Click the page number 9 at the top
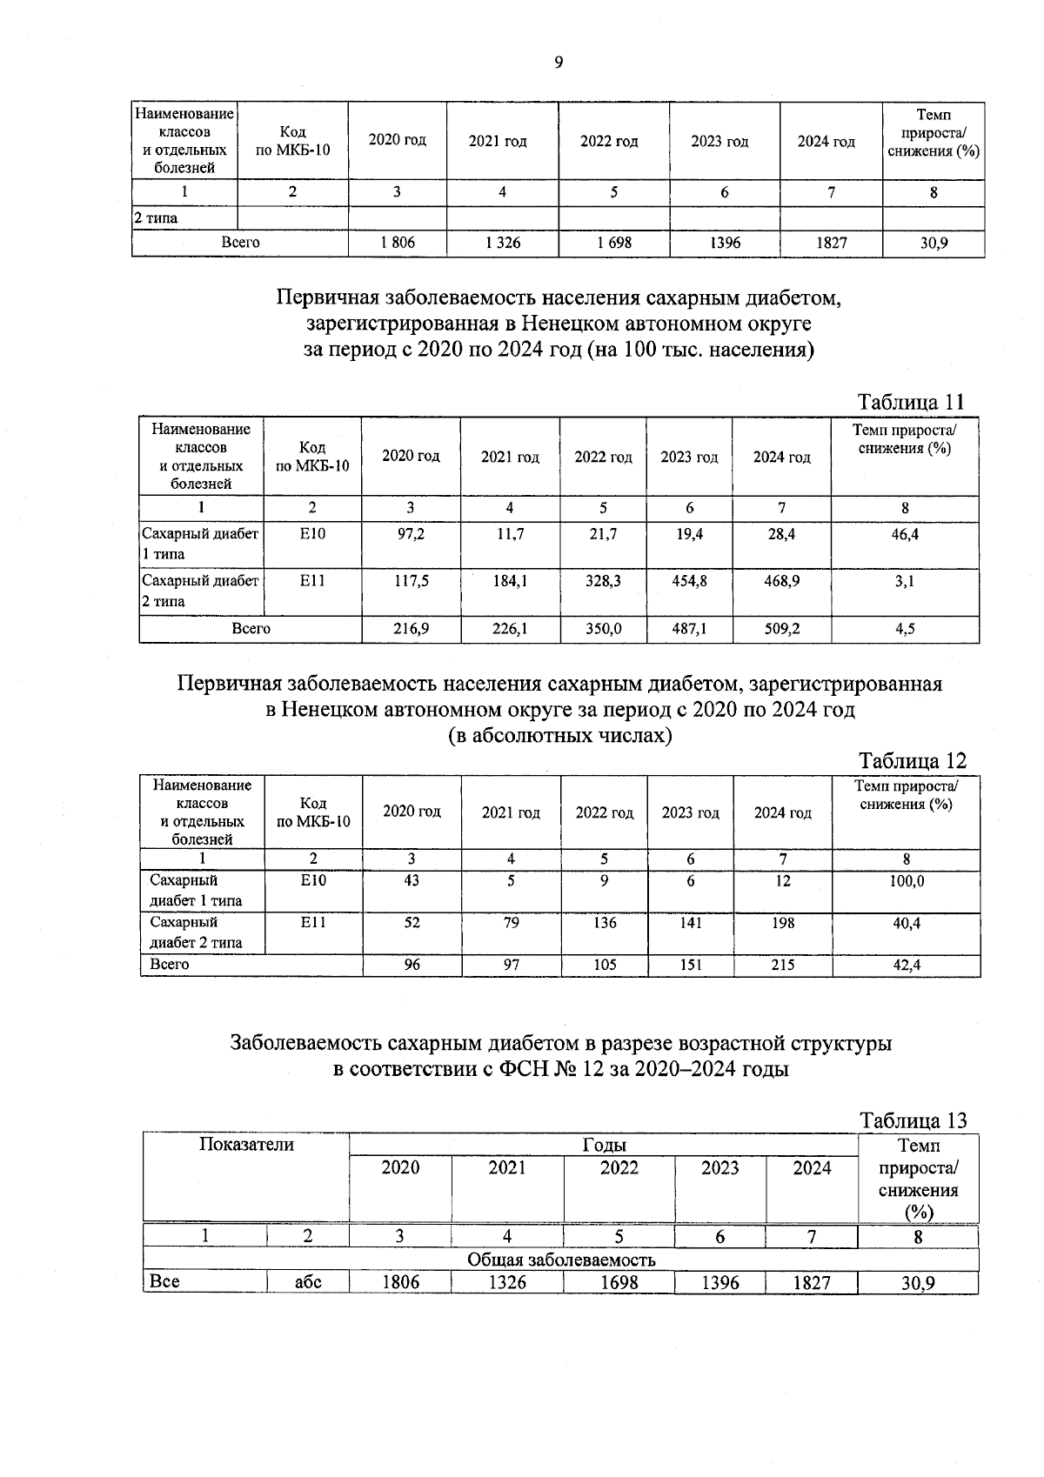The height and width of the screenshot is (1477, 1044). [x=558, y=62]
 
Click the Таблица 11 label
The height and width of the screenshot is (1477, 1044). [x=911, y=402]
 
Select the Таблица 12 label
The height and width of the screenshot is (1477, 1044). [x=912, y=761]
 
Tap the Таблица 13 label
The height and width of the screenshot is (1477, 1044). [x=913, y=1120]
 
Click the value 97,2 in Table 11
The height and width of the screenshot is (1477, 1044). [x=411, y=534]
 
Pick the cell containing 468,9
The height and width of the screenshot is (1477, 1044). [x=781, y=580]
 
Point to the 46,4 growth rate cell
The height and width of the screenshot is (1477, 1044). [x=905, y=534]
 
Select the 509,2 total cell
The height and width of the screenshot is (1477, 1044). [x=781, y=628]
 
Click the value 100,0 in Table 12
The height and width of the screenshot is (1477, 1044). [x=907, y=881]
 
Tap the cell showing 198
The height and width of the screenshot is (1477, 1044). [x=783, y=923]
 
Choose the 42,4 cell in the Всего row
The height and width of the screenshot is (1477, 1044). [x=907, y=964]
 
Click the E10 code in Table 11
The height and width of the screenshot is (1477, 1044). [x=312, y=534]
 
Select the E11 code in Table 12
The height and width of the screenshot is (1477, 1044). [x=313, y=923]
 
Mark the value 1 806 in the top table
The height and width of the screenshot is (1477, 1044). [x=398, y=244]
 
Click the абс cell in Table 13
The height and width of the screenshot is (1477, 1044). [x=308, y=1282]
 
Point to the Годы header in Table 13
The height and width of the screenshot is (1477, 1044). [x=604, y=1145]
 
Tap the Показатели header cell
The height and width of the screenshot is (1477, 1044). [x=246, y=1145]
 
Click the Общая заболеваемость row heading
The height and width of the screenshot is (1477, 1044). [x=561, y=1260]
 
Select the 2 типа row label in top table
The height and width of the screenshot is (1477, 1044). [x=157, y=218]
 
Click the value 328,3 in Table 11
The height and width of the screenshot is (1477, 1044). [x=603, y=580]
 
